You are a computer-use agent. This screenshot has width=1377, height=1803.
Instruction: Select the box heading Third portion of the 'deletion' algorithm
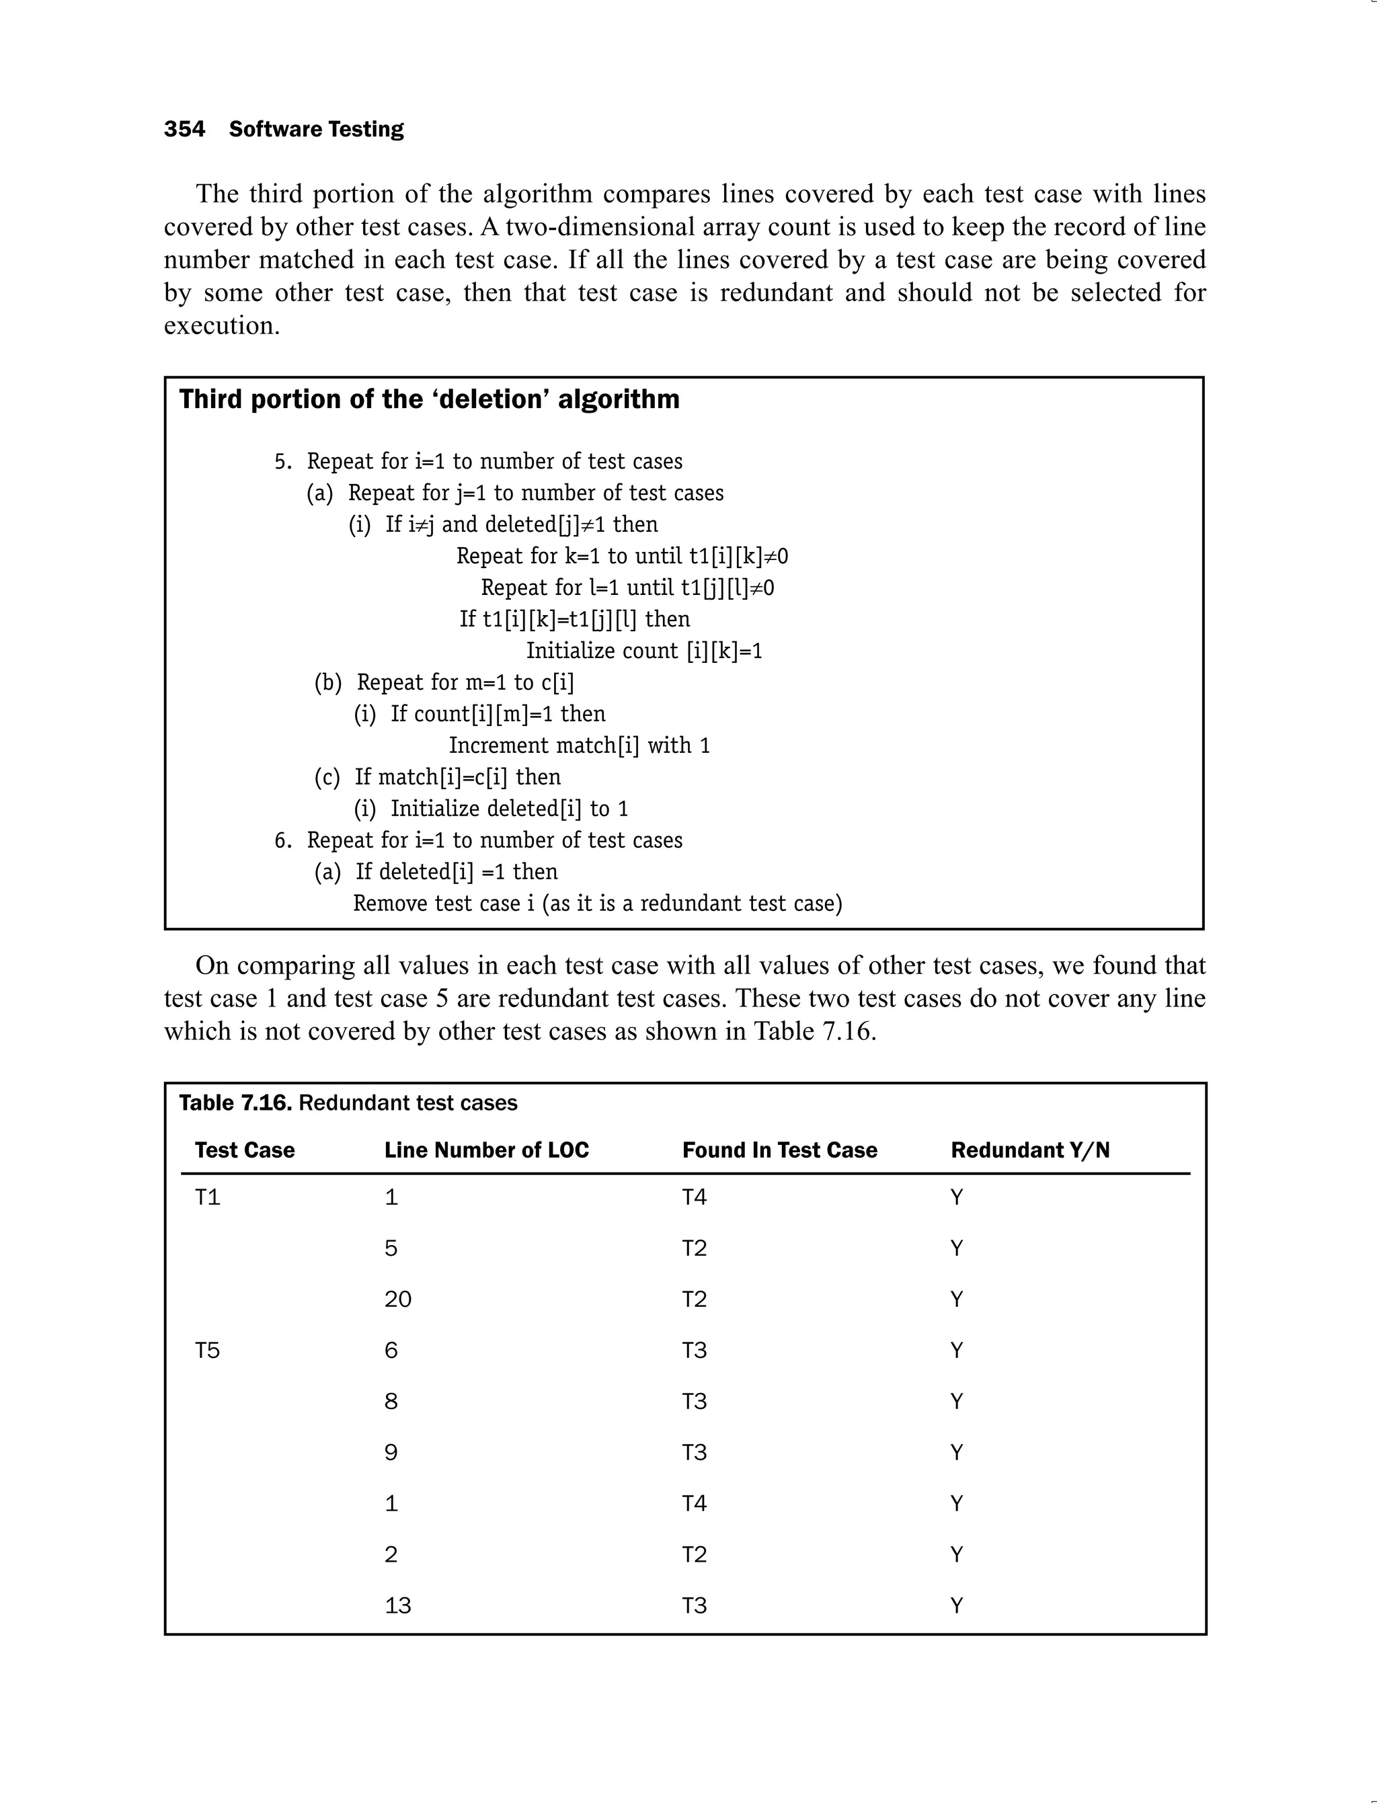coord(429,399)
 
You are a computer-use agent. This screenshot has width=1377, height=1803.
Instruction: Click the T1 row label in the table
coord(207,1197)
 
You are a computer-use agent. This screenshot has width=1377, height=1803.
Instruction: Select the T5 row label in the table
coord(207,1350)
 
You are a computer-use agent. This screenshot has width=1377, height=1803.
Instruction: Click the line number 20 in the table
coord(397,1299)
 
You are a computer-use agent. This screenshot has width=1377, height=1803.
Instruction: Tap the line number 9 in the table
coord(391,1452)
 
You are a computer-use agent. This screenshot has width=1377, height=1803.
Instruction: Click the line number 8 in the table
coord(391,1402)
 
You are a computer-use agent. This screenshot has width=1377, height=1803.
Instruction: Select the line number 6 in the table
coord(391,1350)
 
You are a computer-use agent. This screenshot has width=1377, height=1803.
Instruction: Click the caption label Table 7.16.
coord(235,1103)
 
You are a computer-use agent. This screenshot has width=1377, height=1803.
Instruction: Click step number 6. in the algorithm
coord(283,840)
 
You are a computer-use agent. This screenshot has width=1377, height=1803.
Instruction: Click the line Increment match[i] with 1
coord(579,746)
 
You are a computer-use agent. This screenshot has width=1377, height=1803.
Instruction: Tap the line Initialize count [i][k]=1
coord(643,651)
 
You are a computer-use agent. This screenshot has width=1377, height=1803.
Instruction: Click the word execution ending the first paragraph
coord(221,325)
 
